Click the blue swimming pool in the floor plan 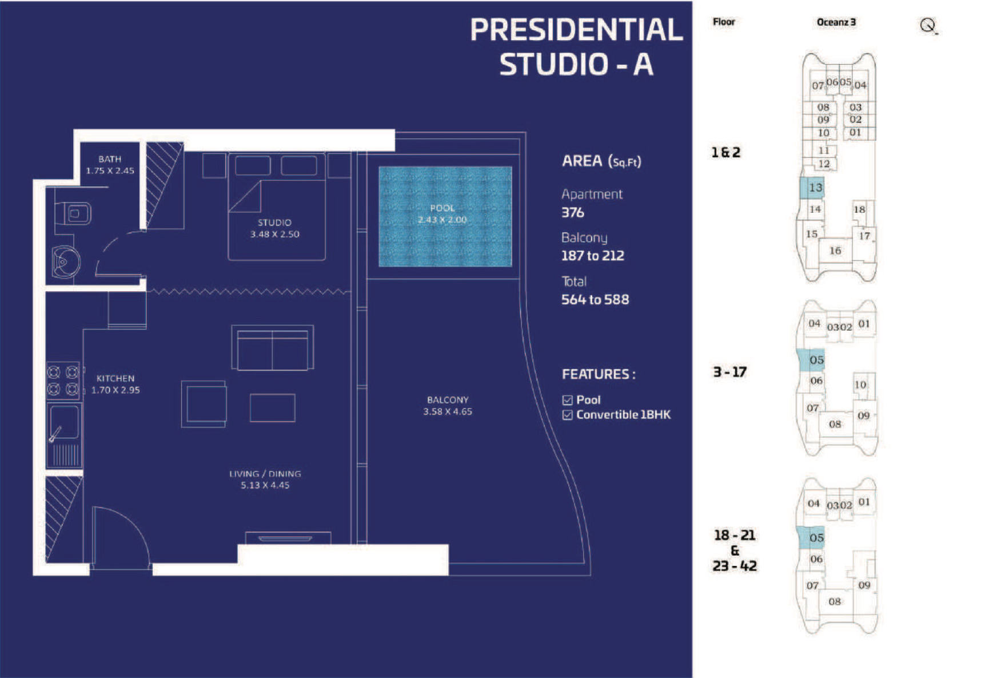[445, 216]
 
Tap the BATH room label [110, 159]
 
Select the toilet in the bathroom [73, 214]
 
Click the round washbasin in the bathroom [65, 262]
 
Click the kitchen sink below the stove [63, 422]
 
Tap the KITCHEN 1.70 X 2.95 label [115, 384]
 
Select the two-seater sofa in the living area [273, 347]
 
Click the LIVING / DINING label [265, 474]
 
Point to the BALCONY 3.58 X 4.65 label [448, 405]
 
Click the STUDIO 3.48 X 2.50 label [274, 228]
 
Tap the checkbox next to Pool [567, 400]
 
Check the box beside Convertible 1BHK [567, 415]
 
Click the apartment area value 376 [573, 212]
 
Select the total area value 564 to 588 [595, 299]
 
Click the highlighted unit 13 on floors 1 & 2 [812, 188]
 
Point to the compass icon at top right [928, 26]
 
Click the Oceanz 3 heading [836, 22]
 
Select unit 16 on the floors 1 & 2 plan [835, 251]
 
